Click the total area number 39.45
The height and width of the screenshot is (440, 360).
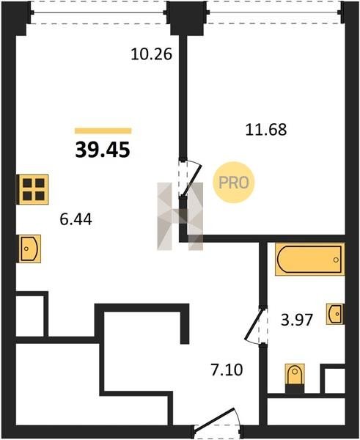tap(103, 150)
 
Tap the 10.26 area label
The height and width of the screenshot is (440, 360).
tap(151, 54)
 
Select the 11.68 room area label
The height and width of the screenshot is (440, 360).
tap(266, 130)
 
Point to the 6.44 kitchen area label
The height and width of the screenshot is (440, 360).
tap(76, 219)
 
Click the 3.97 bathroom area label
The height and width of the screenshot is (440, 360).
tap(297, 320)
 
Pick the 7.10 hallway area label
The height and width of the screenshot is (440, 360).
tap(227, 370)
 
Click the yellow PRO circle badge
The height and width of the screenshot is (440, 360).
tap(233, 183)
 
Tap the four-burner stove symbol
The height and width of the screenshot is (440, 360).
tap(33, 189)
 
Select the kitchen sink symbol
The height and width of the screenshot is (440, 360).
tap(29, 249)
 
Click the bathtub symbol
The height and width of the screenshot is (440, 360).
tap(309, 260)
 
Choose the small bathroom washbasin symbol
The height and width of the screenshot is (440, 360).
tap(335, 314)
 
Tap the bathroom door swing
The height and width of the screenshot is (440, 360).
tap(254, 324)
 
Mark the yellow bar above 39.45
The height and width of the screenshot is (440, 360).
tap(103, 131)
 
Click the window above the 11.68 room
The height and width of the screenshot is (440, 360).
tap(274, 12)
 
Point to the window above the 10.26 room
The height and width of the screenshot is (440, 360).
tap(99, 12)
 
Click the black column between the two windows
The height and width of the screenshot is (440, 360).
tap(187, 18)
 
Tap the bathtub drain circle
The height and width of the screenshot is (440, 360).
tap(336, 260)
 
